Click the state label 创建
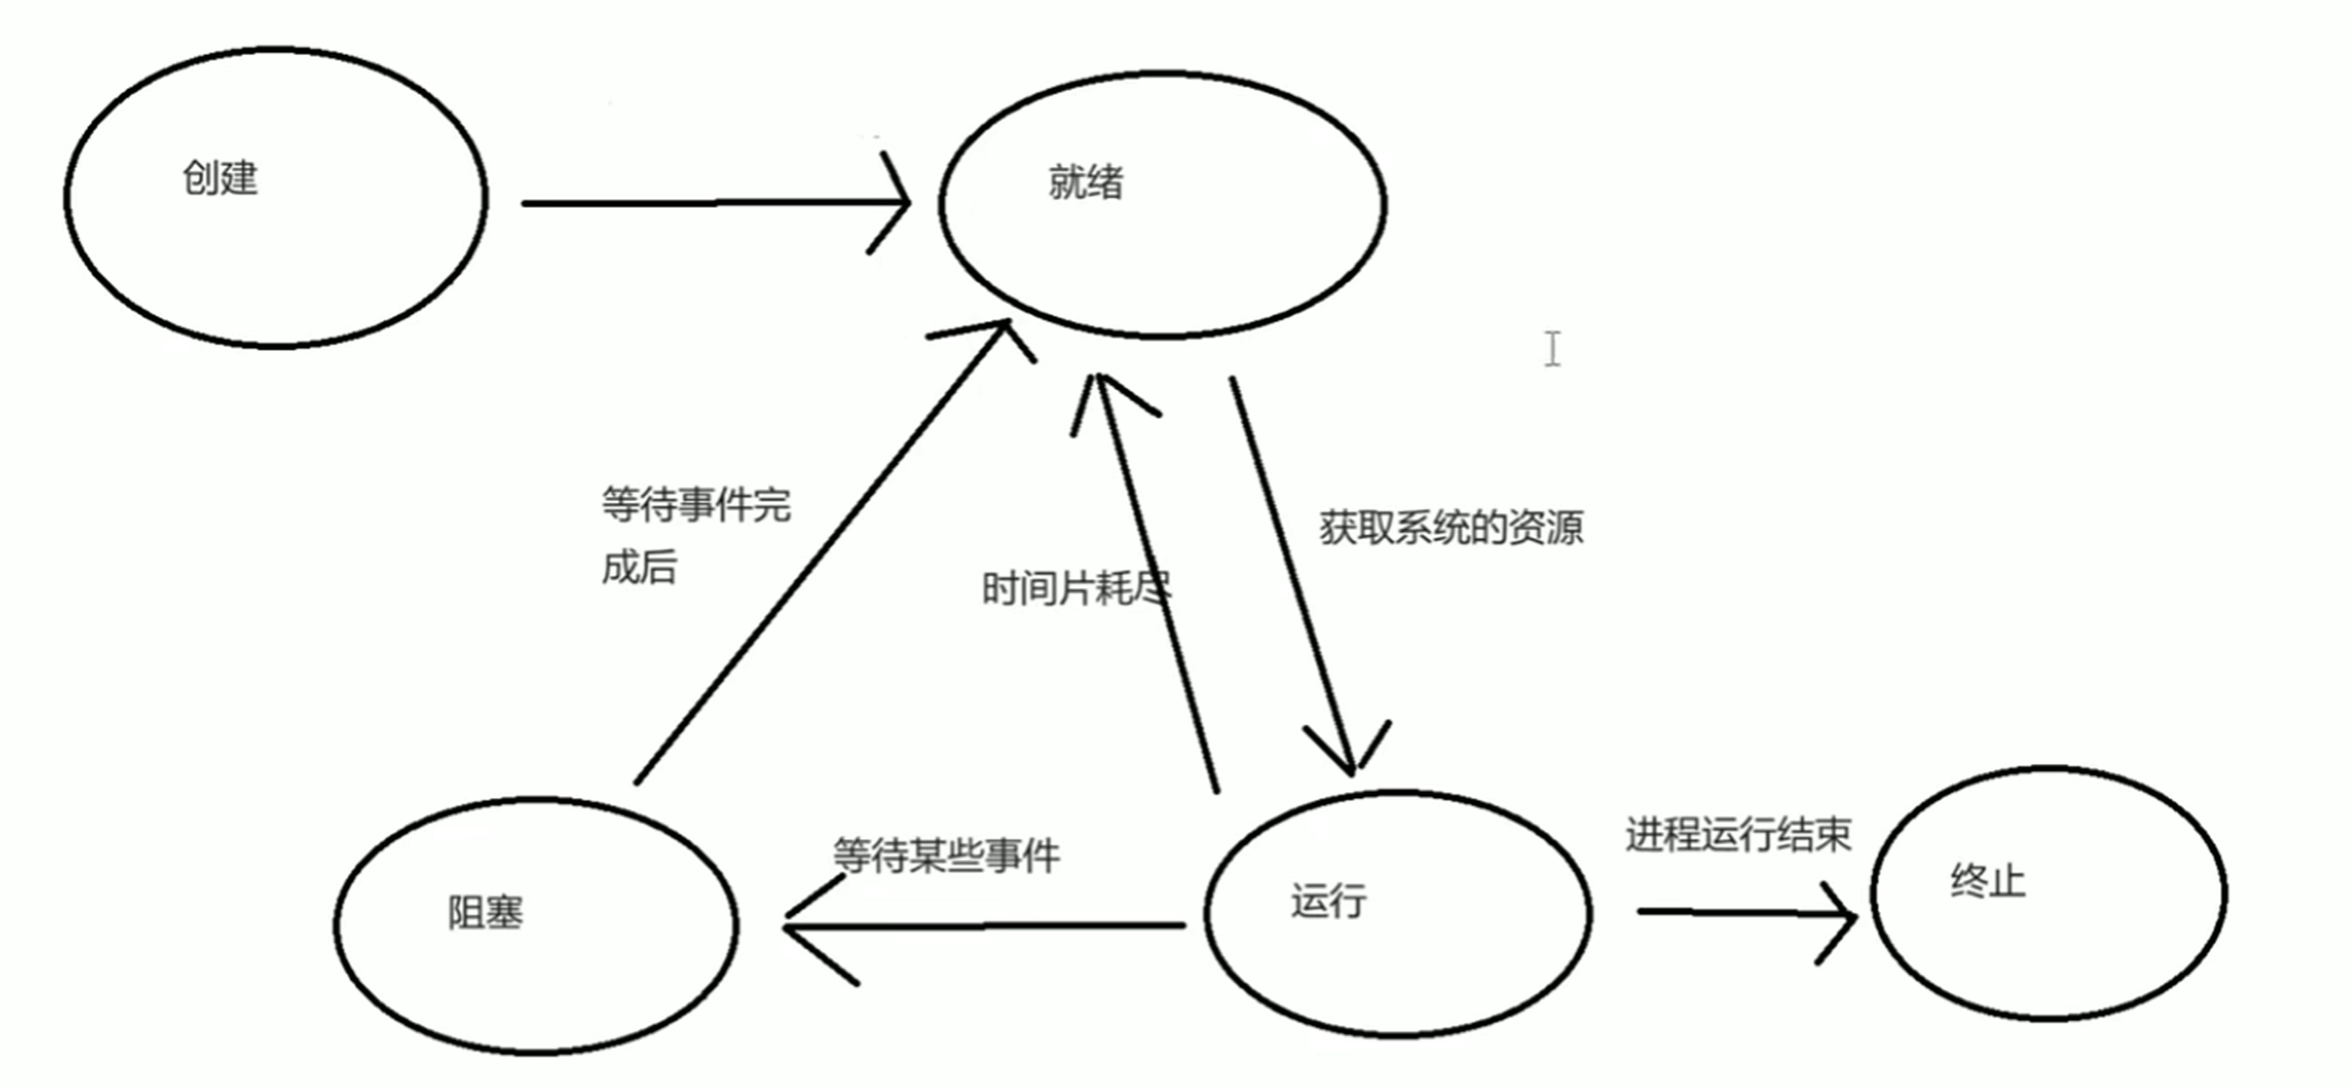pos(221,179)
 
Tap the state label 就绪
pos(1086,183)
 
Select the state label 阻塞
pos(485,913)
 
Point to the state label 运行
pos(1328,901)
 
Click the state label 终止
pos(1987,881)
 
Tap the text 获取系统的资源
pos(1451,528)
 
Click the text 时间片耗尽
pos(1076,588)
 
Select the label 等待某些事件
pos(946,856)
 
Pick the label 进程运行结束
pos(1739,835)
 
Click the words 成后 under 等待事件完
pos(640,568)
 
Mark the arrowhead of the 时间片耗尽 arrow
pos(1097,387)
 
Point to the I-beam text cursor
pos(1553,349)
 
